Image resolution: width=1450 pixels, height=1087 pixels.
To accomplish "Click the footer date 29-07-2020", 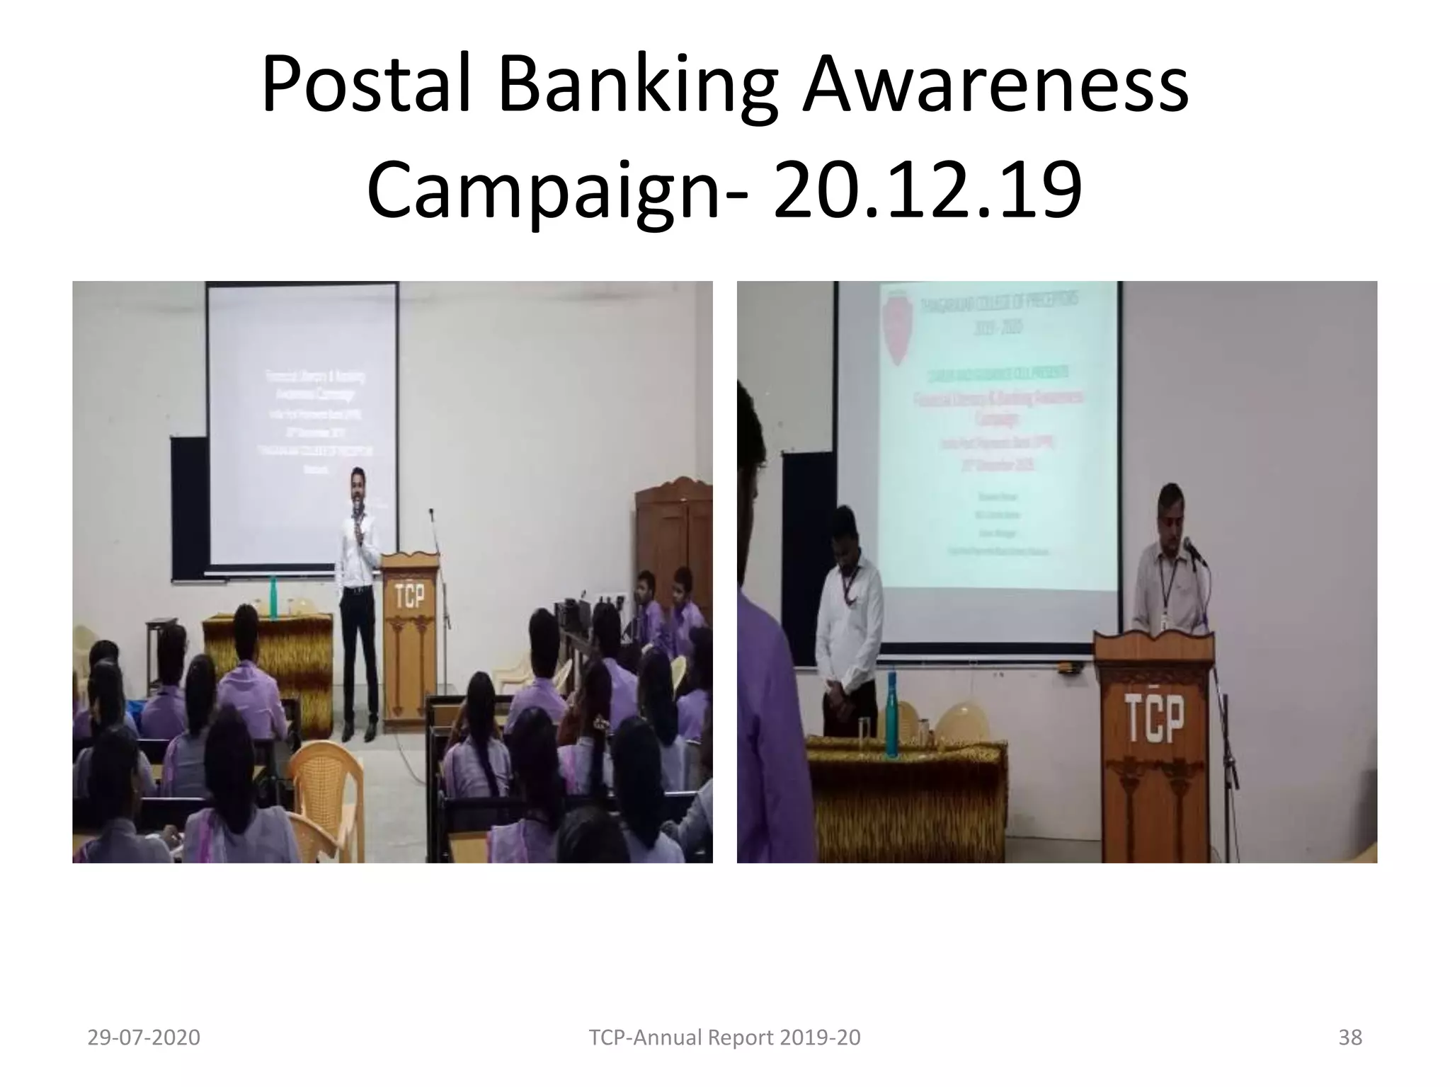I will click(x=144, y=1037).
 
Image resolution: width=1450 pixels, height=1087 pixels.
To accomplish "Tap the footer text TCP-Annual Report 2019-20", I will click(x=725, y=1037).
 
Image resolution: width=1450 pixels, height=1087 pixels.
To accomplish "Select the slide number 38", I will click(x=1350, y=1037).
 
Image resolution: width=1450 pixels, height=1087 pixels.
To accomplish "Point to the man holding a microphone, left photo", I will click(x=358, y=594).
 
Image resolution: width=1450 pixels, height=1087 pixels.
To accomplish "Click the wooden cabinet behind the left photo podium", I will click(x=673, y=538).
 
